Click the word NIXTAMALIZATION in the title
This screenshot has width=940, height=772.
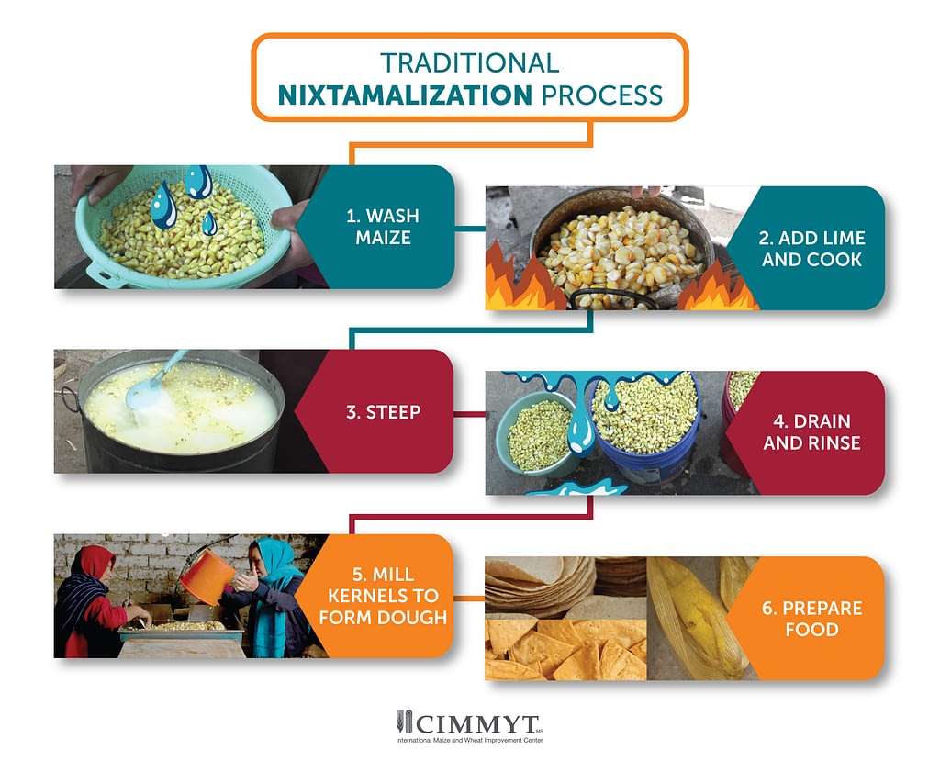click(x=405, y=95)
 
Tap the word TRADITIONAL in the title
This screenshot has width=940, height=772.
click(x=469, y=63)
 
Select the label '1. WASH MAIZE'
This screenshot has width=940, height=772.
click(x=383, y=227)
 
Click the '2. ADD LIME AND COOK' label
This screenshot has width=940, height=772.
click(x=811, y=249)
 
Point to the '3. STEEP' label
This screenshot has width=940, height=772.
click(x=383, y=412)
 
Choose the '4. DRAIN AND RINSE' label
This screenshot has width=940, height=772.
click(x=811, y=432)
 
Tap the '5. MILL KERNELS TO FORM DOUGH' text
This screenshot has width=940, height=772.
click(x=383, y=596)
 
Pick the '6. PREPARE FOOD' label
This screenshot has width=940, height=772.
click(x=811, y=619)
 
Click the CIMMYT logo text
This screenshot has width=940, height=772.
click(x=470, y=724)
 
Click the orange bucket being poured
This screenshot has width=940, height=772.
click(x=207, y=576)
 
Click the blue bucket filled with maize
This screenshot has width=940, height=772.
click(x=645, y=427)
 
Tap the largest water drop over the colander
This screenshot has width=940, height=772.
click(x=163, y=205)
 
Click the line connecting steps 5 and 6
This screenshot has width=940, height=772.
click(x=469, y=598)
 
